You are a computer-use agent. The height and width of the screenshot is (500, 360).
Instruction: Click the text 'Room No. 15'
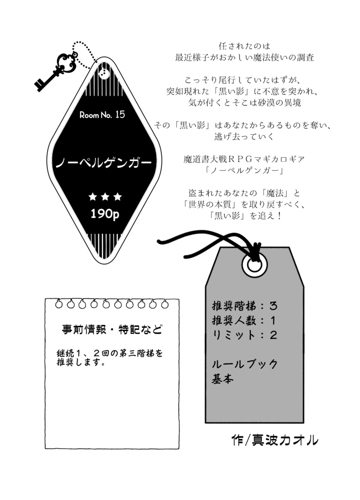click(x=102, y=115)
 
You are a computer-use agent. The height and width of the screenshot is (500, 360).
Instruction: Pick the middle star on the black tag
click(x=104, y=197)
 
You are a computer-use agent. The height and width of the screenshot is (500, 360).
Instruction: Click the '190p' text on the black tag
click(x=104, y=214)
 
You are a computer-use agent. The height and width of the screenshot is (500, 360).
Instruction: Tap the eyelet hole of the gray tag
click(x=255, y=265)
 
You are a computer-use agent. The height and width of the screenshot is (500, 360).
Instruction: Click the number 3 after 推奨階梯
click(x=274, y=307)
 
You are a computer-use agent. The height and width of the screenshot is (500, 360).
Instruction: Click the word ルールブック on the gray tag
click(x=245, y=364)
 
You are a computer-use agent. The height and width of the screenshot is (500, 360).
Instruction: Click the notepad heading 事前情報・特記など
click(x=112, y=329)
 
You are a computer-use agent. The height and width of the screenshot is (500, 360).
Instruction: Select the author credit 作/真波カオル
click(x=275, y=440)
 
